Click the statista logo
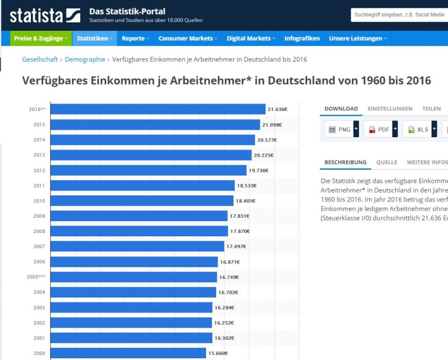pos(45,15)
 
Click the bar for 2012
pos(148,170)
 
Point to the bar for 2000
pos(128,353)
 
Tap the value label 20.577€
pos(267,140)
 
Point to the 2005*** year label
pos(36,277)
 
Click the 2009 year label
pos(39,216)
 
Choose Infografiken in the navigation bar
pos(302,39)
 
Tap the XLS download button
pos(419,130)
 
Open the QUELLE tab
pos(386,162)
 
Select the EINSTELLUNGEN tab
pos(390,109)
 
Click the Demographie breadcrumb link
pos(85,59)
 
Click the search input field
pos(399,15)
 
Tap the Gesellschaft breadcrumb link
pos(41,59)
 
